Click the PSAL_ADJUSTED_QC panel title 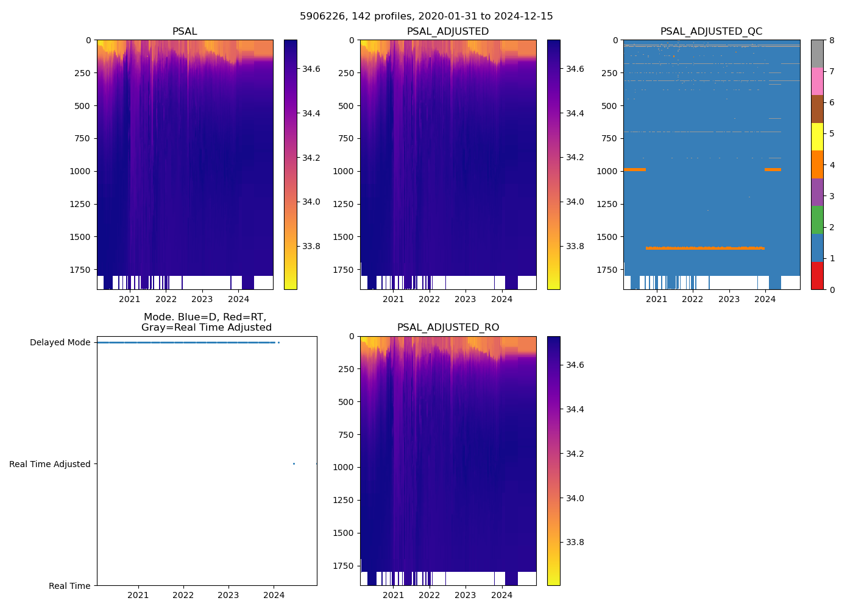(x=711, y=32)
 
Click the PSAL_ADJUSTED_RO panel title (x=448, y=328)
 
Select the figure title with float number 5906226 (x=426, y=16)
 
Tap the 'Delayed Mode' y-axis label (x=60, y=343)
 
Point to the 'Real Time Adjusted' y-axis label (x=50, y=464)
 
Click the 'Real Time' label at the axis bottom (x=69, y=586)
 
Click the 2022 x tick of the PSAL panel (x=166, y=299)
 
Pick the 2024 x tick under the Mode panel (x=274, y=595)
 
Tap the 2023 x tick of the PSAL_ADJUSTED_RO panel (x=465, y=595)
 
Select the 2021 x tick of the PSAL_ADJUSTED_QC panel (x=656, y=299)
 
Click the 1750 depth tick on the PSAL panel (x=80, y=270)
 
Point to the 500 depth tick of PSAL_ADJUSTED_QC (x=609, y=106)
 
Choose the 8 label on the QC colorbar (x=832, y=40)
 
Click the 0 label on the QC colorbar (x=832, y=290)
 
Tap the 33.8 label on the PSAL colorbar (x=311, y=246)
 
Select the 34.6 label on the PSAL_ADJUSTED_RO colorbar (x=575, y=365)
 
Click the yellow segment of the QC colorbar (x=817, y=137)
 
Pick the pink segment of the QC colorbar (x=817, y=82)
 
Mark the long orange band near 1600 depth (x=705, y=248)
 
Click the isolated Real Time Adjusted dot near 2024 (x=294, y=464)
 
